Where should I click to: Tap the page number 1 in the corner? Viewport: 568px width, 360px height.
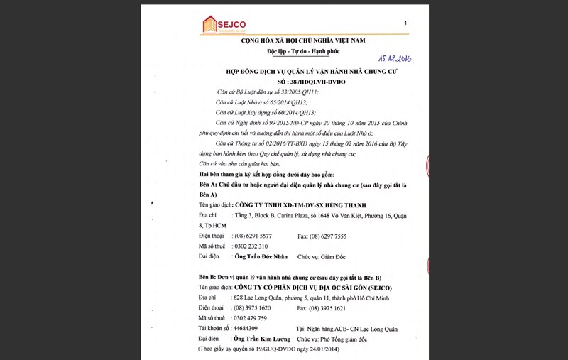(405, 23)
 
